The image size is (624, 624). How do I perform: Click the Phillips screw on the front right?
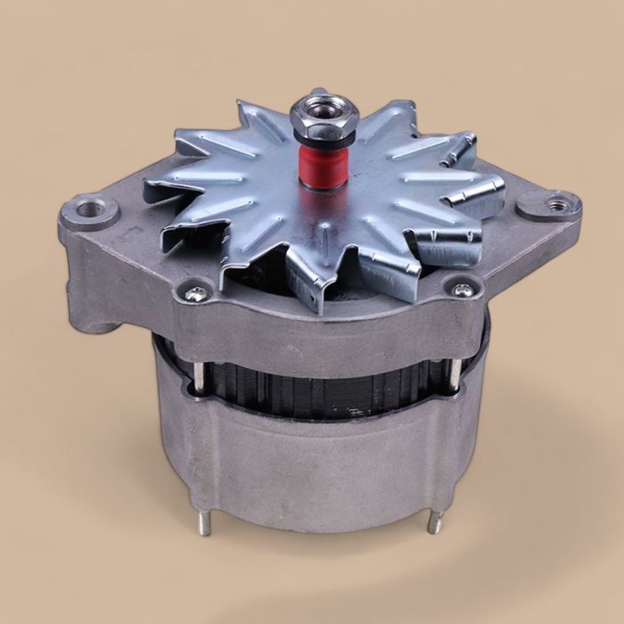click(x=462, y=290)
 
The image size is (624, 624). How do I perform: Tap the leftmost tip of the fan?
click(x=148, y=183)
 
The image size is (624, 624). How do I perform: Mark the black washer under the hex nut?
click(x=324, y=135)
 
